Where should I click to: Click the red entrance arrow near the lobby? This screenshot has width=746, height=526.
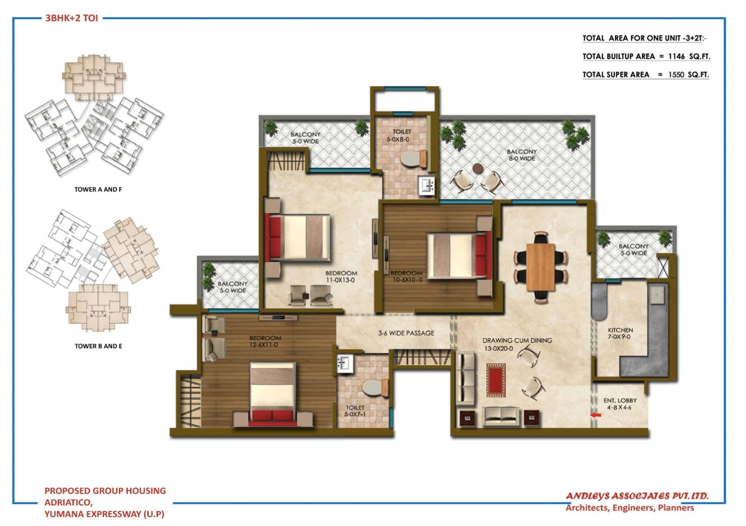pyautogui.click(x=595, y=415)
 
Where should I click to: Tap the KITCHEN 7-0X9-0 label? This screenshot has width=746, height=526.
pyautogui.click(x=620, y=333)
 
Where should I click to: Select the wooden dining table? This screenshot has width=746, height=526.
pyautogui.click(x=540, y=267)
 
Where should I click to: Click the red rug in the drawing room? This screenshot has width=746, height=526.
pyautogui.click(x=496, y=380)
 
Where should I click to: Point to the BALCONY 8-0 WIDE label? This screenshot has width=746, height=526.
pyautogui.click(x=521, y=155)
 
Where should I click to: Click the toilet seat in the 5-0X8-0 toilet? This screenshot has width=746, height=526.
pyautogui.click(x=410, y=159)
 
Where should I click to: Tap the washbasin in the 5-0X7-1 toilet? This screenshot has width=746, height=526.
pyautogui.click(x=344, y=363)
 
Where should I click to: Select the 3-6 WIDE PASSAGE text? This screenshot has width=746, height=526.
pyautogui.click(x=406, y=333)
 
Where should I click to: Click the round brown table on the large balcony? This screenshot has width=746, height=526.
pyautogui.click(x=478, y=168)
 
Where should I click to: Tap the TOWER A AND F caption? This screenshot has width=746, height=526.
pyautogui.click(x=98, y=189)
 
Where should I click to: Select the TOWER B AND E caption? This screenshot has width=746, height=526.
pyautogui.click(x=98, y=346)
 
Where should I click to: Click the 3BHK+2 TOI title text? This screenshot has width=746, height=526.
pyautogui.click(x=71, y=19)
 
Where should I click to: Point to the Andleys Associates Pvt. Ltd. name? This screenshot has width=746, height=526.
pyautogui.click(x=637, y=496)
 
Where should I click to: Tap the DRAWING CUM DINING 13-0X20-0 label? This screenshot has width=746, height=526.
pyautogui.click(x=517, y=344)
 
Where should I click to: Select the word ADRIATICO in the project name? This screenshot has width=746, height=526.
pyautogui.click(x=68, y=502)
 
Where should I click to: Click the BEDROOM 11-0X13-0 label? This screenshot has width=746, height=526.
pyautogui.click(x=341, y=277)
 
